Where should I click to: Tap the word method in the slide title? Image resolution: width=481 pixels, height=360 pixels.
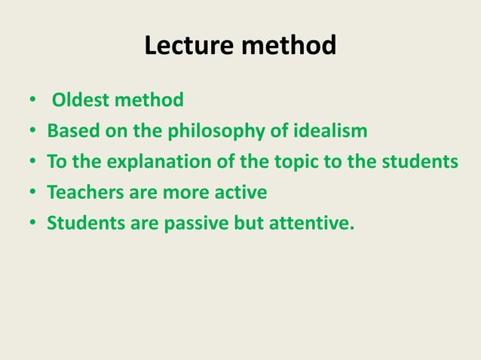289,47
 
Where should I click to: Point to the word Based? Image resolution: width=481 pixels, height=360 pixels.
70,132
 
